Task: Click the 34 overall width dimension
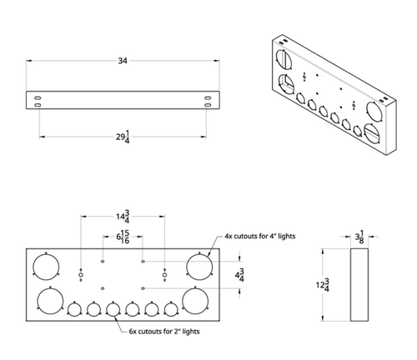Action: pos(123,60)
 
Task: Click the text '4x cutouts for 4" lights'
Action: pos(259,237)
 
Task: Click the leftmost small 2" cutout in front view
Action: pos(73,310)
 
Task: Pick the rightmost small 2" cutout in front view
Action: pos(172,310)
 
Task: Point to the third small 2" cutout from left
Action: pos(113,310)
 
